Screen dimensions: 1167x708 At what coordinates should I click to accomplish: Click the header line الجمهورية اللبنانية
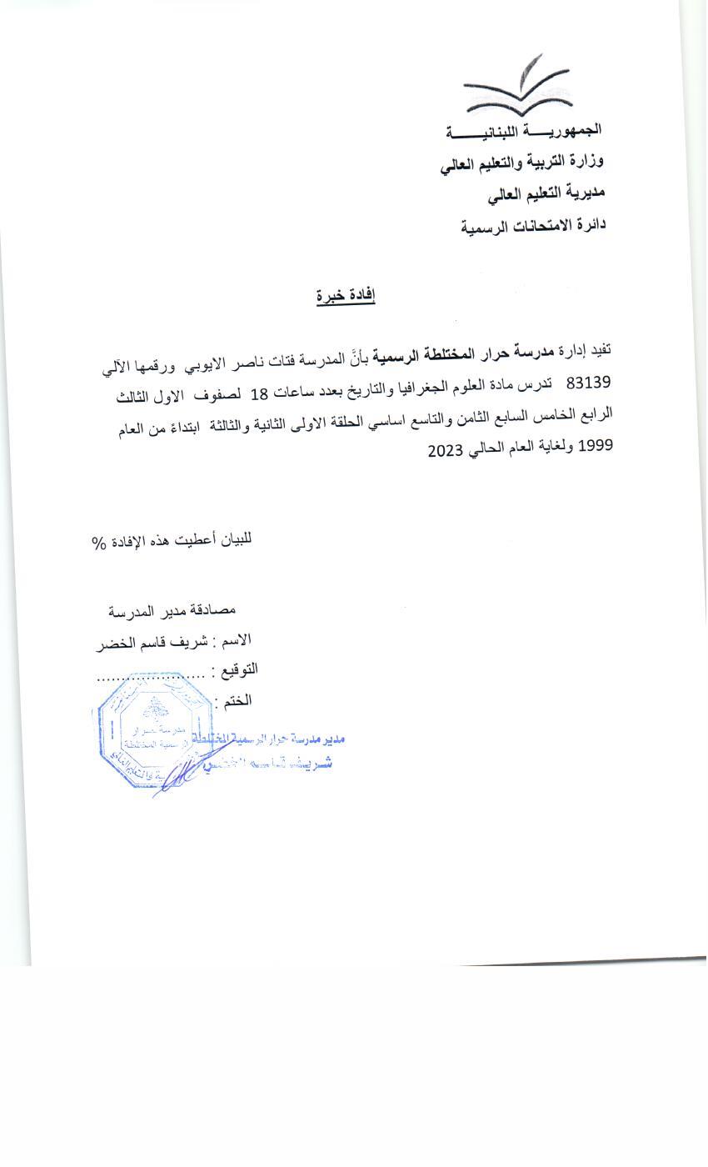(524, 131)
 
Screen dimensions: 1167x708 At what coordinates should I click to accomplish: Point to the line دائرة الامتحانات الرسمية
(533, 225)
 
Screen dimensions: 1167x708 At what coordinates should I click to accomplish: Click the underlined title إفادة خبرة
(346, 296)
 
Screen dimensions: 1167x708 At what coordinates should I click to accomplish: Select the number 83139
(589, 383)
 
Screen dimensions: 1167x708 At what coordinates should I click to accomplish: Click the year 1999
(595, 446)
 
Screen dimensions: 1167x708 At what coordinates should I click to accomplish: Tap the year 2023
(446, 451)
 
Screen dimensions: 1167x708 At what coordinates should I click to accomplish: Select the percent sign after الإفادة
(100, 543)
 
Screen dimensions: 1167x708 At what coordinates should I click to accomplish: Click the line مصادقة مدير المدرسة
(172, 611)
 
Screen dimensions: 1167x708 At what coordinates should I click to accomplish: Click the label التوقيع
(236, 669)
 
